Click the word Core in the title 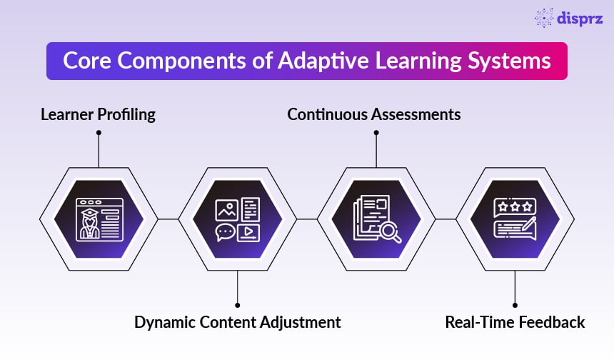coord(86,61)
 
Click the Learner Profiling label coord(98,114)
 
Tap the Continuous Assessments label coord(374,114)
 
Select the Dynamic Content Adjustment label coord(238,322)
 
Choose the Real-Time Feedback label coord(515,322)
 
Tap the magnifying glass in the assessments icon coord(389,230)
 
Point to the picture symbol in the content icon coord(226,209)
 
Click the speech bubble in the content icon coord(226,231)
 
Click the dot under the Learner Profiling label coord(98,132)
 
